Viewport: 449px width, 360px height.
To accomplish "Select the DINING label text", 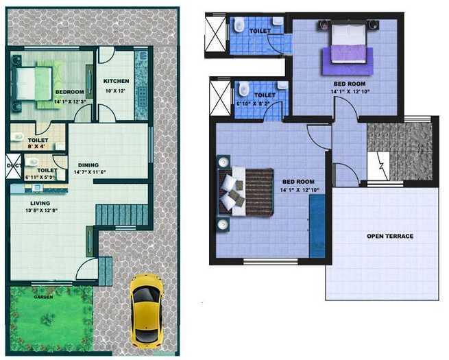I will point(88,165).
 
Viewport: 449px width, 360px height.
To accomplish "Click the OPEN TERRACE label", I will point(390,237).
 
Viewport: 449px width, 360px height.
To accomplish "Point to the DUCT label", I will point(13,165).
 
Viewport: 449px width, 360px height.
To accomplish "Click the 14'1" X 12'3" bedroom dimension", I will point(69,101).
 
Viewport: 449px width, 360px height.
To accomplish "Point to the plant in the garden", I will point(48,317).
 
